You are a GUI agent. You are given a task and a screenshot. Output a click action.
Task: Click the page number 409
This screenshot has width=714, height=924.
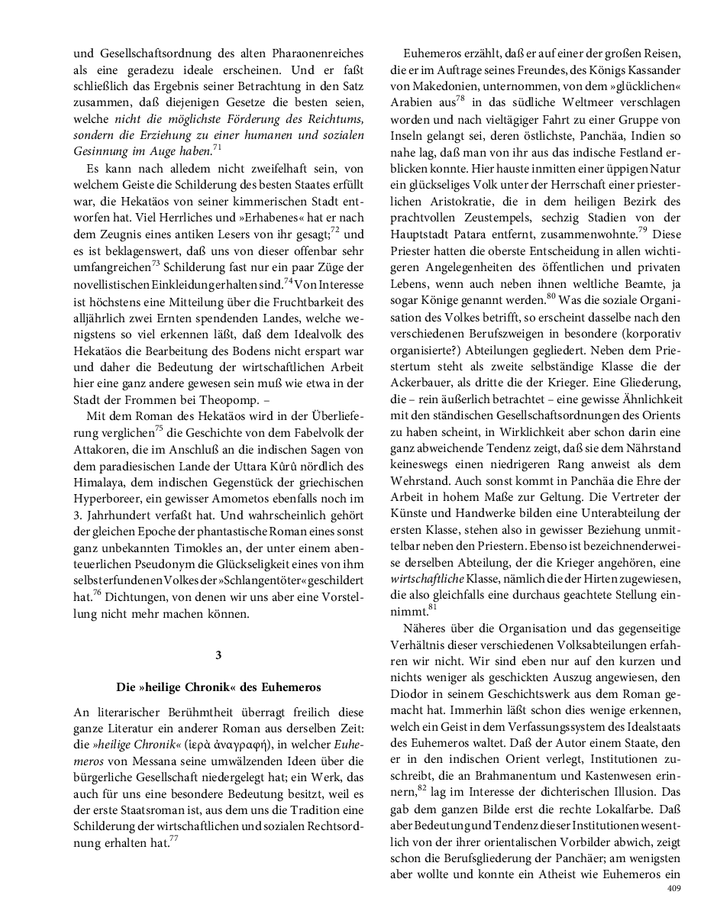pos(674,888)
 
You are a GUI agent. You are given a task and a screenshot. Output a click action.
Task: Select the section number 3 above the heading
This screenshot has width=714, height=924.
pos(218,655)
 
